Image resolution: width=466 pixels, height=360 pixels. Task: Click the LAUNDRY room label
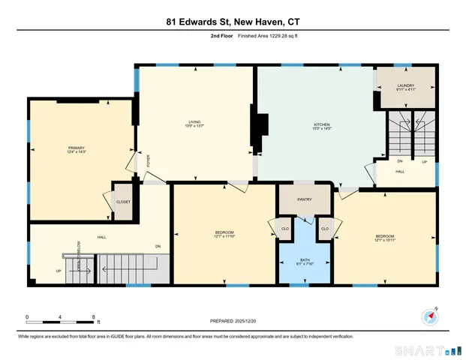pos(406,86)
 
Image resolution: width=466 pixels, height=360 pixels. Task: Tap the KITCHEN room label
pos(321,124)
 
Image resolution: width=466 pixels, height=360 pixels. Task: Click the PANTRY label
pos(305,199)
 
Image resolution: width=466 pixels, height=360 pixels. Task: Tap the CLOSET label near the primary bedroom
pos(123,202)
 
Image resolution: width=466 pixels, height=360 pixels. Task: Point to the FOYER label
pos(148,160)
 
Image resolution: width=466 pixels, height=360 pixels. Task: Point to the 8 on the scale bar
pos(92,316)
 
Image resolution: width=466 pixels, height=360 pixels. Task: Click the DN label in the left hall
pos(158,247)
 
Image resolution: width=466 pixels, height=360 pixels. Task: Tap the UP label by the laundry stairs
pos(424,161)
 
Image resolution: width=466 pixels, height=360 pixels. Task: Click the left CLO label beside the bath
pos(284,228)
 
